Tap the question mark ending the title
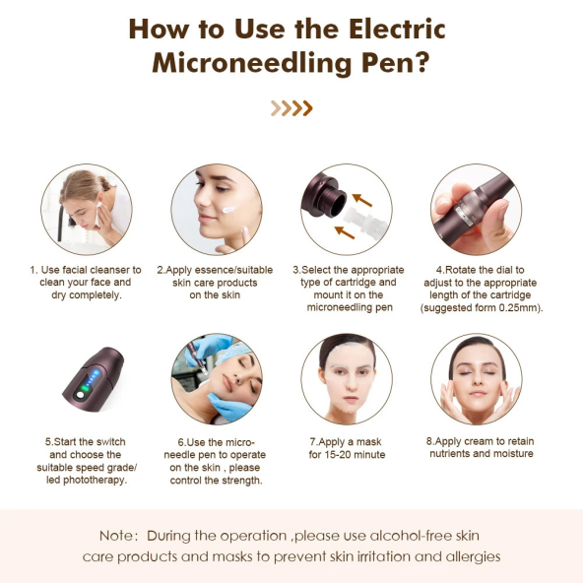[x=421, y=62]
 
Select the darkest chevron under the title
[x=307, y=108]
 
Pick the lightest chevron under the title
[x=276, y=108]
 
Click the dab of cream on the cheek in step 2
[x=229, y=210]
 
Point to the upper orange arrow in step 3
[x=362, y=200]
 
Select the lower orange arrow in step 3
[x=345, y=232]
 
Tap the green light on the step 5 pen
[x=85, y=389]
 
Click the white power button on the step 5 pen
[x=80, y=395]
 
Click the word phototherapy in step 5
[x=95, y=480]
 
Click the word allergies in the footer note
[x=473, y=557]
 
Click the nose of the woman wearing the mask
[x=350, y=384]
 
